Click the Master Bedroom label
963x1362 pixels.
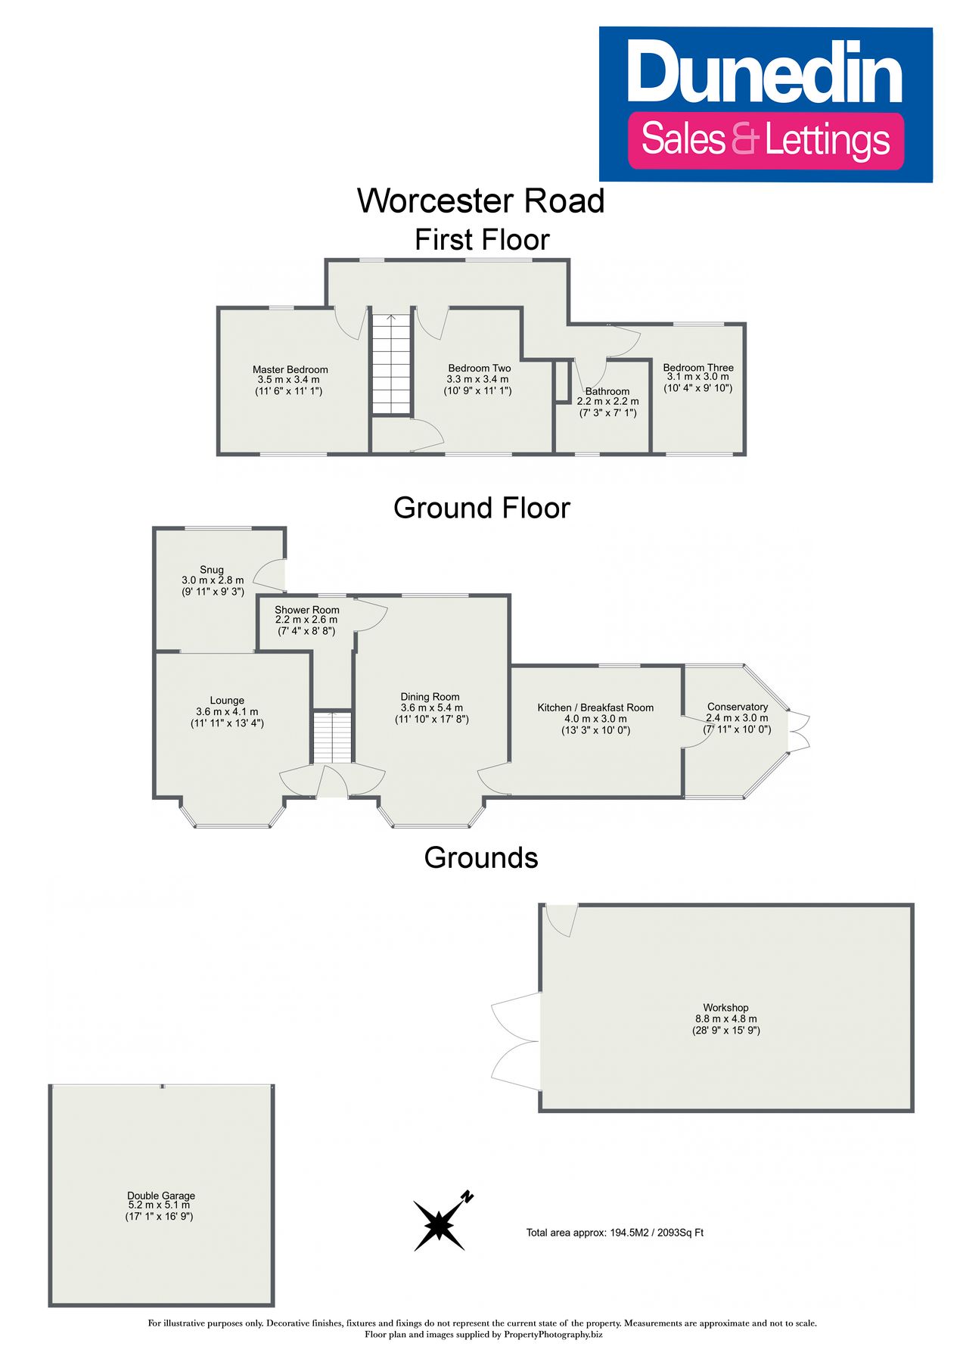pyautogui.click(x=290, y=370)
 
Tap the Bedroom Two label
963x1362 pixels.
pyautogui.click(x=480, y=369)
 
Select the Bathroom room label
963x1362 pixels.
pyautogui.click(x=607, y=392)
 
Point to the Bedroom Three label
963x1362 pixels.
pyautogui.click(x=698, y=368)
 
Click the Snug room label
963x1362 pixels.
pyautogui.click(x=212, y=570)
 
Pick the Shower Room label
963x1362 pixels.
pyautogui.click(x=307, y=610)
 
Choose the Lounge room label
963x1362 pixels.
pyautogui.click(x=227, y=701)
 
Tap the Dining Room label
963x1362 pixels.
pyautogui.click(x=430, y=697)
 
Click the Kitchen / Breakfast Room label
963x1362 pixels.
pyautogui.click(x=595, y=707)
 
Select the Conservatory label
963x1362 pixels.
pyautogui.click(x=738, y=707)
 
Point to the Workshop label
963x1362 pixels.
pyautogui.click(x=726, y=1008)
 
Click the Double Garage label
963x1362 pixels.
pyautogui.click(x=161, y=1196)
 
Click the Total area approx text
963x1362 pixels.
pyautogui.click(x=615, y=1233)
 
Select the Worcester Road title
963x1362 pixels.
pyautogui.click(x=481, y=201)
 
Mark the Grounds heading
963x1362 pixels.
pyautogui.click(x=481, y=857)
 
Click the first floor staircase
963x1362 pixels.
pyautogui.click(x=391, y=364)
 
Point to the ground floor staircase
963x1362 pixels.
pyautogui.click(x=334, y=737)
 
